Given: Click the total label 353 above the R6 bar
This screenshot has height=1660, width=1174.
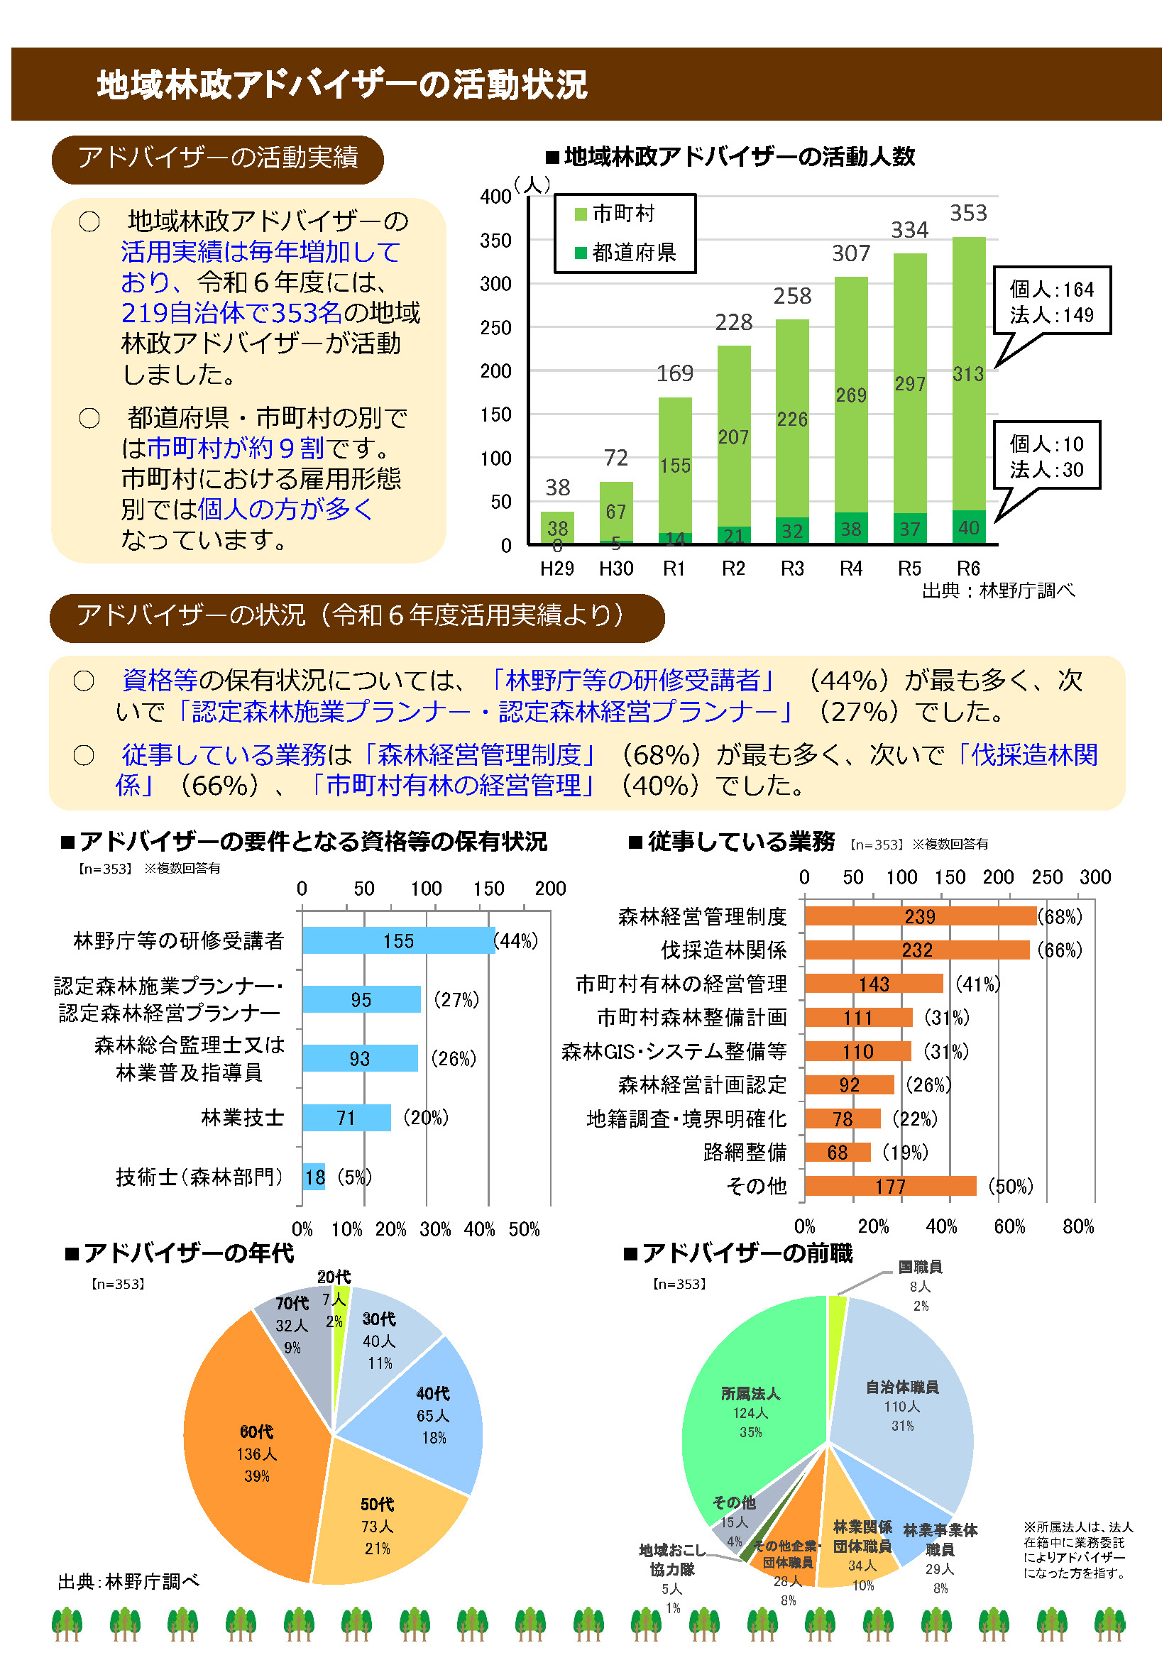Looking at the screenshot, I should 967,213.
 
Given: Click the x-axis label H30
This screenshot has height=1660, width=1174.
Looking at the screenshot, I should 616,569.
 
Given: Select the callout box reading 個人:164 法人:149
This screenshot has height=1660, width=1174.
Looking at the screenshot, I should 1051,301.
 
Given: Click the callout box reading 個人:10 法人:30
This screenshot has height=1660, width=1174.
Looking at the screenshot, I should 1046,456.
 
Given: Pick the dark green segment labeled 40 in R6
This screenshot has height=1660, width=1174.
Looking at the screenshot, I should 969,527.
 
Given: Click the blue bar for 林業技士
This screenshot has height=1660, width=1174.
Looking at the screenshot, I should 346,1118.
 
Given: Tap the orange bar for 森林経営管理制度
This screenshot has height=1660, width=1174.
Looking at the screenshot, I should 919,917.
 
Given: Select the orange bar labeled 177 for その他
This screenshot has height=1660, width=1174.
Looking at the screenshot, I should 889,1187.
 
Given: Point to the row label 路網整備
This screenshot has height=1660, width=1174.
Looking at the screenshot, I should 745,1153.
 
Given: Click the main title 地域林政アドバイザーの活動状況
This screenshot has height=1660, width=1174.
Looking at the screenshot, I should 342,84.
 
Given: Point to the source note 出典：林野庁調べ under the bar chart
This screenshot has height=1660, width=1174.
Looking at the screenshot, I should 997,591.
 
